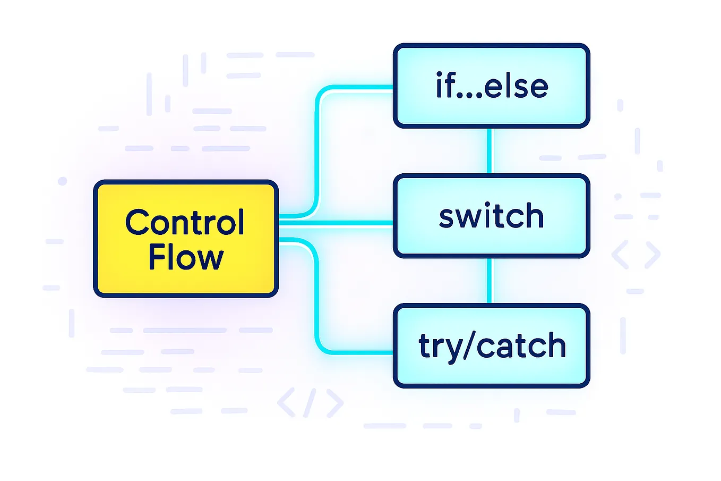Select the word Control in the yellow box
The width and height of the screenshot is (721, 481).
tap(185, 222)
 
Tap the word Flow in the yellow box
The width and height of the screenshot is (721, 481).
tap(185, 258)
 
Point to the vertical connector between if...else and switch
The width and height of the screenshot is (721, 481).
tap(489, 151)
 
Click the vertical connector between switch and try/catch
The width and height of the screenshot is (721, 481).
tap(489, 281)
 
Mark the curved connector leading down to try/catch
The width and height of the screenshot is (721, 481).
tap(317, 303)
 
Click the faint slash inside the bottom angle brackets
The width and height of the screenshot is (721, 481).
tap(311, 403)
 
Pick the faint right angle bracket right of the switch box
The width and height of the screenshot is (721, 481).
tap(653, 255)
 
